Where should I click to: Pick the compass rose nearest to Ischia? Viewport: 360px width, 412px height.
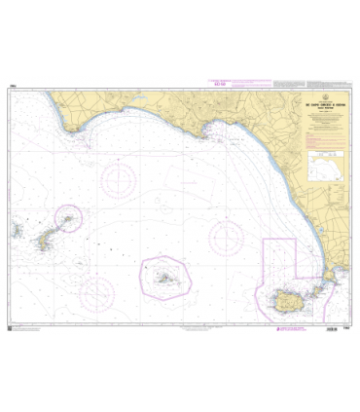pyautogui.click(x=228, y=236)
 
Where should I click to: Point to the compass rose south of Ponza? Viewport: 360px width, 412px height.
pyautogui.click(x=97, y=291)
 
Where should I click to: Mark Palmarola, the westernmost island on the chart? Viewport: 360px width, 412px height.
pyautogui.click(x=18, y=231)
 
